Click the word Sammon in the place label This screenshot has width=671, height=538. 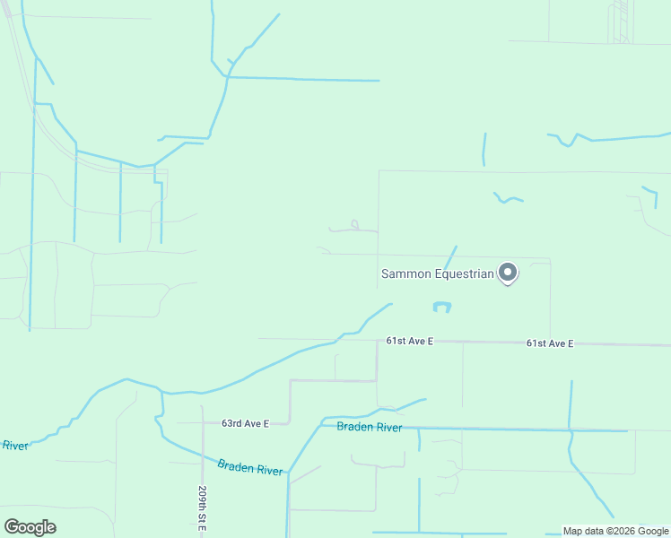click(407, 273)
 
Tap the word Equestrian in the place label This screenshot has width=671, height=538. click(465, 273)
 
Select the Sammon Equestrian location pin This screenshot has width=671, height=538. click(508, 272)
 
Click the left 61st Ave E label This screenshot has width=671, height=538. click(410, 342)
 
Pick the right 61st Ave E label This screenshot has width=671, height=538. click(550, 343)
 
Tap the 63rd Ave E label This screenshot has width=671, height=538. click(246, 423)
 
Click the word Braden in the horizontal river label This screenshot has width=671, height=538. click(355, 427)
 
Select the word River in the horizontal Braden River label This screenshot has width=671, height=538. click(389, 428)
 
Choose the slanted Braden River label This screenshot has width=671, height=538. click(250, 467)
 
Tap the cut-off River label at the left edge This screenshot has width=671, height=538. click(14, 445)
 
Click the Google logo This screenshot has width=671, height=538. click(30, 527)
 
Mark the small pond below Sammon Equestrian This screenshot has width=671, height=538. click(441, 307)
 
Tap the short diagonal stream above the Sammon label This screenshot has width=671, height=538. click(450, 256)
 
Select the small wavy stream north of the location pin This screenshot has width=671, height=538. click(508, 197)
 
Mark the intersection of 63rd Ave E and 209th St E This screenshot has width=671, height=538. click(203, 422)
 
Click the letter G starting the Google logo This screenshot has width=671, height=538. click(12, 527)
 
